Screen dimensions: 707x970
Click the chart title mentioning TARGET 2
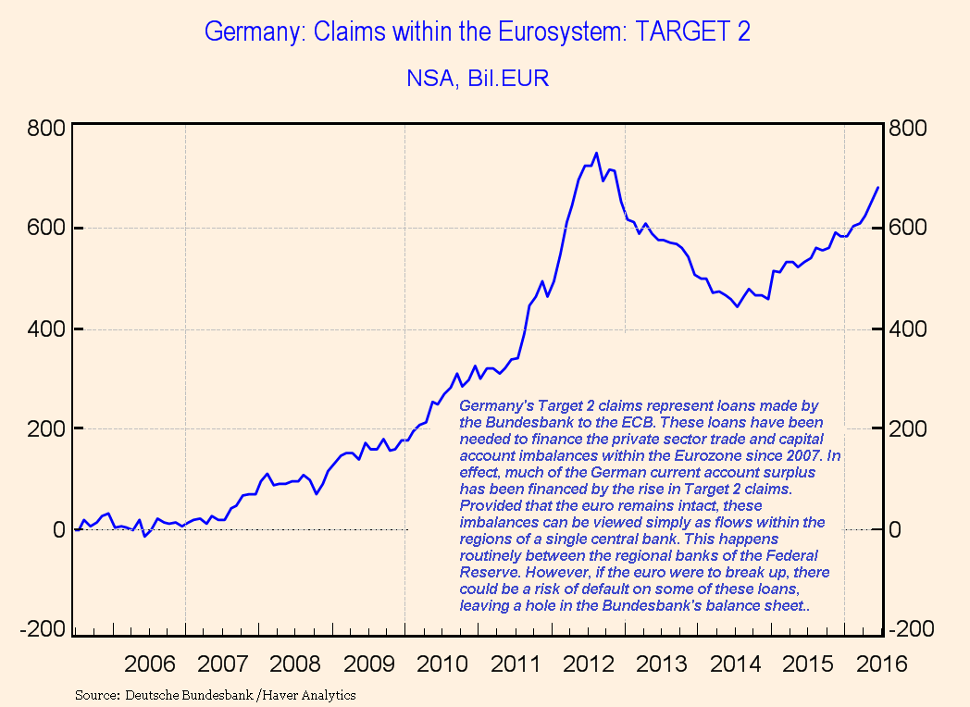[477, 32]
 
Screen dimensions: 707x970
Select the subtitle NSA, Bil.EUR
[477, 79]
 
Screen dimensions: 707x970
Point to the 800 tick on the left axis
[46, 127]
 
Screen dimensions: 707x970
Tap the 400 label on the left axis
[46, 329]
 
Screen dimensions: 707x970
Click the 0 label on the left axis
[56, 529]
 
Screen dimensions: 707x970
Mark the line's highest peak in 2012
[596, 153]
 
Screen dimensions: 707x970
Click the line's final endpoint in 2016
[877, 188]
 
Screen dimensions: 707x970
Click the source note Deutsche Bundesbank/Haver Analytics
[215, 694]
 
